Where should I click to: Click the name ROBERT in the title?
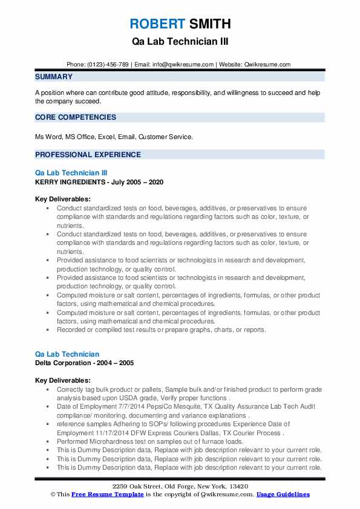coord(156,24)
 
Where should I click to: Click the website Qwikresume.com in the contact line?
coord(268,64)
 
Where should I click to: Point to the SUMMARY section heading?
coord(54,77)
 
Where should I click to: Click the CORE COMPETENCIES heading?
coord(75,117)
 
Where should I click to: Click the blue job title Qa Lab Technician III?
coord(71,173)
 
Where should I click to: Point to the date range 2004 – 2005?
coord(118,363)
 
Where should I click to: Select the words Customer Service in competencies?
coord(166,137)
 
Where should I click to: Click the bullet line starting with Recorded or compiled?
coord(162,330)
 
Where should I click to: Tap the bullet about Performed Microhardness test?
coord(150,442)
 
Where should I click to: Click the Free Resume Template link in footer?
coord(108,494)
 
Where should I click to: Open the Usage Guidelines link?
coord(283,494)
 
